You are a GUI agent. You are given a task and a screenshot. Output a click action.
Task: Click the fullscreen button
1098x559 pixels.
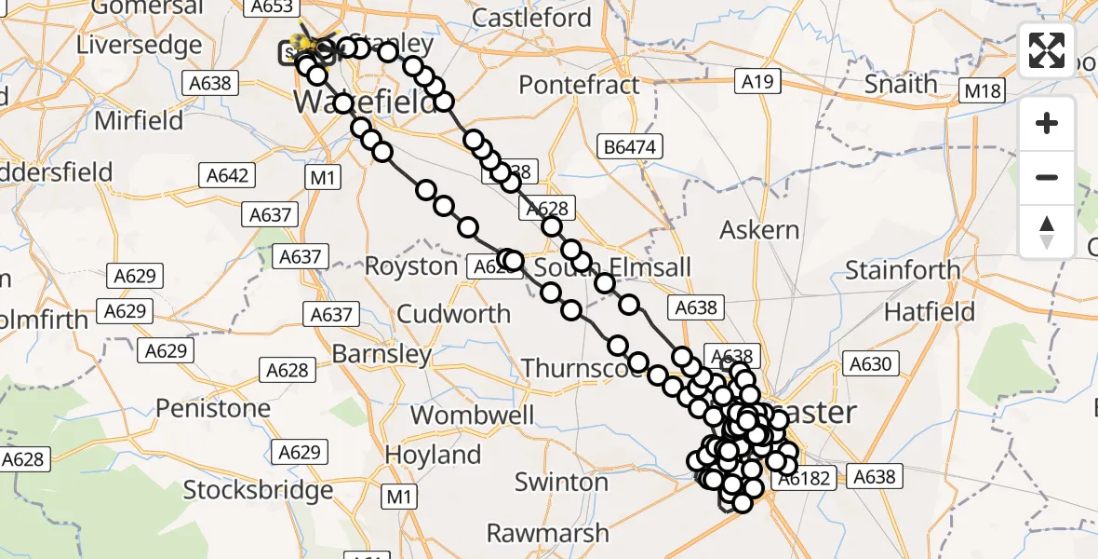pos(1047,50)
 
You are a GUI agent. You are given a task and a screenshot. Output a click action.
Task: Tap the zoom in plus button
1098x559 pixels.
pos(1047,124)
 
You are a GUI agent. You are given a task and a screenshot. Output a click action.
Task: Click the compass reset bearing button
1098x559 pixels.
pos(1047,232)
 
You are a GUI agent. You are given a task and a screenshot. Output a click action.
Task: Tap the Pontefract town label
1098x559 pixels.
pos(579,85)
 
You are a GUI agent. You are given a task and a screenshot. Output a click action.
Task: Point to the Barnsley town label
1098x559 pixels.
pos(382,354)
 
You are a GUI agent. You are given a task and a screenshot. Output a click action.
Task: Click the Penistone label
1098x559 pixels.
pos(213,408)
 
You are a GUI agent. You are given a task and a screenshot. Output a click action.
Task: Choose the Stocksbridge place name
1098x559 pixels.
pos(258,489)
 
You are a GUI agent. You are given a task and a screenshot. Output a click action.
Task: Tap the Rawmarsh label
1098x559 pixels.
pos(548,533)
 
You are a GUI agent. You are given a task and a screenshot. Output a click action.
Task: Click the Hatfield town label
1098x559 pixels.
pos(929,311)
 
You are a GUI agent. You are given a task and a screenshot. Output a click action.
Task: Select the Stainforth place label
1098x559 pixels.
pos(903,271)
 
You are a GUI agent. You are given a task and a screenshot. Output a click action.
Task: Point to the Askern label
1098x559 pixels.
pos(760,229)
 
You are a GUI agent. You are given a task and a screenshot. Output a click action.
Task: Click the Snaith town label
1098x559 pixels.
pos(901,84)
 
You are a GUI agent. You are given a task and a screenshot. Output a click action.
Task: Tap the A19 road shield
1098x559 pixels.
pos(757,82)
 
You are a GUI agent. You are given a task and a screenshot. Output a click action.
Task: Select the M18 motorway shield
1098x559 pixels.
pos(981,90)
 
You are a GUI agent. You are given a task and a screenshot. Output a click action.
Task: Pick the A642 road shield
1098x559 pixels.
pos(226,176)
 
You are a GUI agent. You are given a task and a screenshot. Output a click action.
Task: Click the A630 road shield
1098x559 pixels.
pos(870,364)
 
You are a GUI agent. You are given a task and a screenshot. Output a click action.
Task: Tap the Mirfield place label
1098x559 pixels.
pos(138,120)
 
